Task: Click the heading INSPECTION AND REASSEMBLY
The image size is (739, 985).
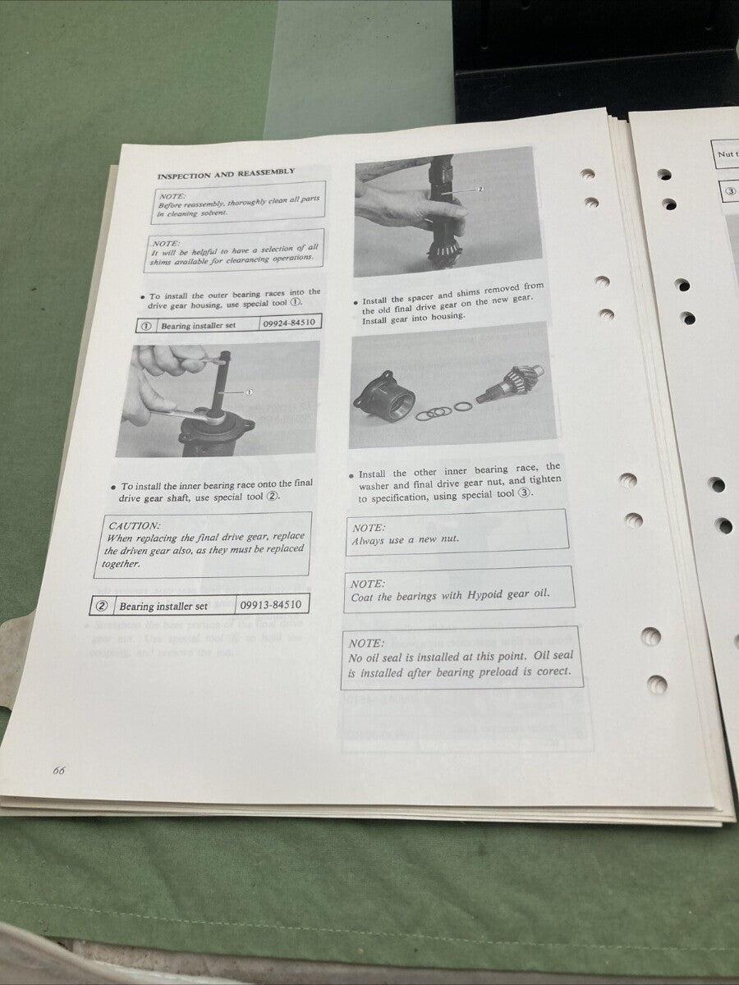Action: pyautogui.click(x=226, y=174)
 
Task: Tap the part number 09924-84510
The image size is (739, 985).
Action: pyautogui.click(x=287, y=323)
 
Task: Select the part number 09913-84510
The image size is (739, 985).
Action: pyautogui.click(x=272, y=605)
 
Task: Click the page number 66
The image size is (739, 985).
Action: pyautogui.click(x=59, y=769)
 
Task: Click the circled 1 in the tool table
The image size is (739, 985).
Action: pyautogui.click(x=145, y=326)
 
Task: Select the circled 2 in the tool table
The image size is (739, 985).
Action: pyautogui.click(x=102, y=607)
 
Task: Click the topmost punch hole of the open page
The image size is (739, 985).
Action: pyautogui.click(x=587, y=173)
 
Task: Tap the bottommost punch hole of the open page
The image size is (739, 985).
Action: pyautogui.click(x=656, y=683)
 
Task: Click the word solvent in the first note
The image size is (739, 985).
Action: pyautogui.click(x=208, y=213)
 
